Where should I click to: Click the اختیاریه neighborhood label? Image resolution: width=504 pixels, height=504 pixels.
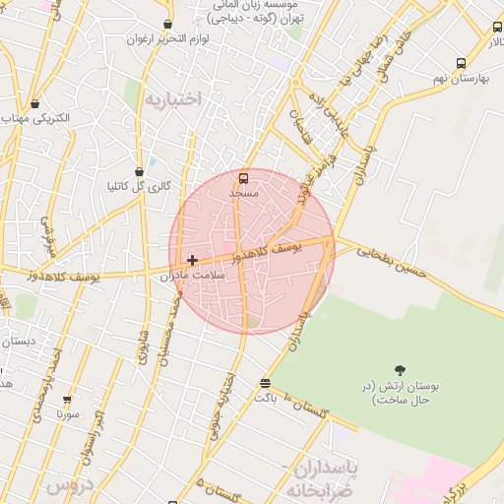(x=172, y=99)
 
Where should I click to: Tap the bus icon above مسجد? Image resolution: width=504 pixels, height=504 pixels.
(x=243, y=178)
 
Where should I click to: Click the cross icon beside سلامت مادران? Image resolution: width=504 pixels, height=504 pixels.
(x=192, y=260)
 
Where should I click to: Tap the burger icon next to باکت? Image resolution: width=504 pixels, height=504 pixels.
(x=264, y=383)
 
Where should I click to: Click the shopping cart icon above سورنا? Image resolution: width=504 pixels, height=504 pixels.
(x=67, y=401)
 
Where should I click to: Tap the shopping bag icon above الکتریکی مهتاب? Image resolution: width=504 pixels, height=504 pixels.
(x=35, y=103)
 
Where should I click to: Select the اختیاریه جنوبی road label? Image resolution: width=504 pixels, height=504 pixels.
(x=220, y=405)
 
